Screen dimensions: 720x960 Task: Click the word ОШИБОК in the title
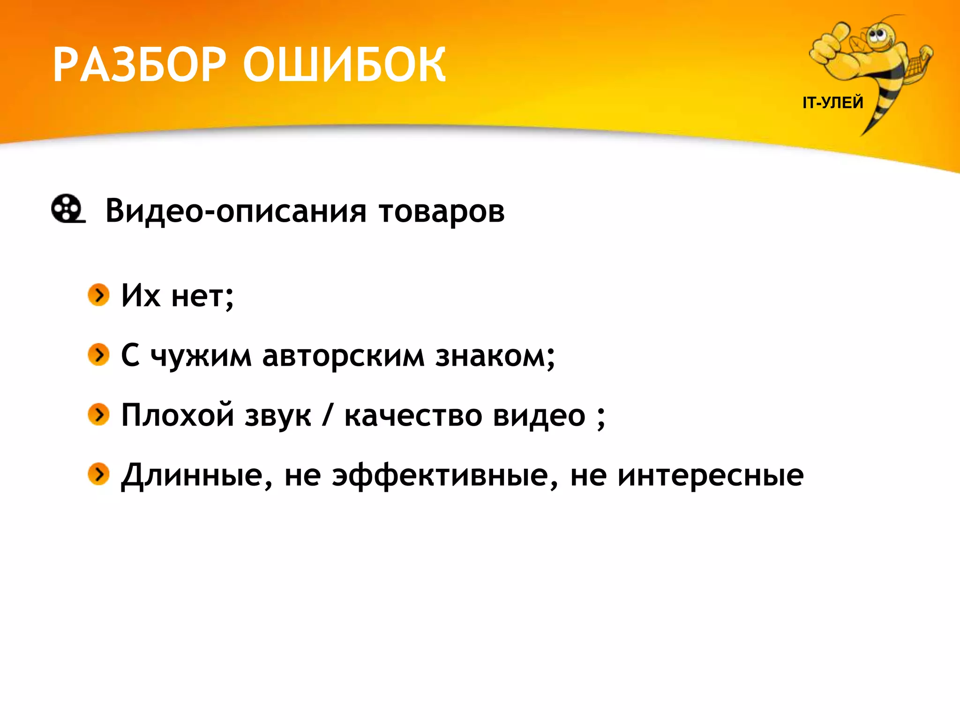point(345,65)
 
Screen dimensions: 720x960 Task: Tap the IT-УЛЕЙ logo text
point(832,103)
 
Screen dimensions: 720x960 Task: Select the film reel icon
point(67,209)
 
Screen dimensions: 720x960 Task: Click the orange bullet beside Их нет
point(98,295)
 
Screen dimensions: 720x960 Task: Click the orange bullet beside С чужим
point(98,354)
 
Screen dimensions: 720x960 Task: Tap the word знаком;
point(495,356)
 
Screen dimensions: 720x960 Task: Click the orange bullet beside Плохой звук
point(98,414)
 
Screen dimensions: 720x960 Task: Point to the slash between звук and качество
point(327,415)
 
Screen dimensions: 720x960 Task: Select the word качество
point(413,416)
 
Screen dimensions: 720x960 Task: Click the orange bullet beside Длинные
point(98,474)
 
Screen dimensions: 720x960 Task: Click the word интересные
point(710,475)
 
